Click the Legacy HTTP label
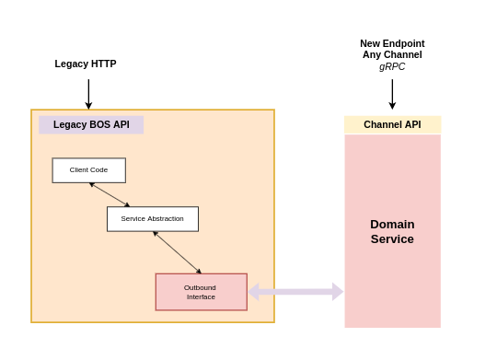click(86, 64)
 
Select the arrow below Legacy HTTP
click(88, 94)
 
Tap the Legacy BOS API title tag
click(91, 124)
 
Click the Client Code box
click(89, 170)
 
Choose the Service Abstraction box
click(153, 219)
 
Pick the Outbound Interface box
click(202, 292)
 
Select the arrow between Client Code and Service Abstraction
click(110, 195)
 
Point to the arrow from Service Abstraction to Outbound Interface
click(178, 252)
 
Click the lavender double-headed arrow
click(295, 292)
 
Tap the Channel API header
click(392, 124)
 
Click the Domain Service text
click(392, 231)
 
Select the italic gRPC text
click(392, 66)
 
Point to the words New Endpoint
click(392, 43)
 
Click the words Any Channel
click(392, 54)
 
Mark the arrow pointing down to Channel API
click(392, 94)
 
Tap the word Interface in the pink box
click(201, 296)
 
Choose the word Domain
click(392, 225)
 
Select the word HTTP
click(103, 64)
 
